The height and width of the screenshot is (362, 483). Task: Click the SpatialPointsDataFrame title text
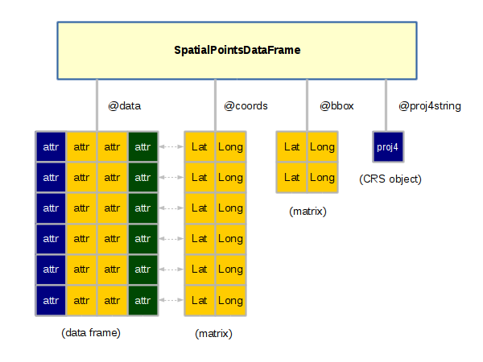click(237, 50)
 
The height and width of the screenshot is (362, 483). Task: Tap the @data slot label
click(125, 106)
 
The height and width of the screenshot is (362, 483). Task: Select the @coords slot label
click(246, 106)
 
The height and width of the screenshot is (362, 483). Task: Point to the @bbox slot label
click(336, 106)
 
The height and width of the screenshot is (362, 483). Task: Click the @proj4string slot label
click(430, 106)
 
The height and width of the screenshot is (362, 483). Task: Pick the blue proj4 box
click(388, 147)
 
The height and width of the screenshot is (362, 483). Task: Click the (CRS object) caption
click(390, 179)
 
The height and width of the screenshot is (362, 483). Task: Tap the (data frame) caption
click(91, 333)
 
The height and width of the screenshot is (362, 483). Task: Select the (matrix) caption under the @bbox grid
click(308, 212)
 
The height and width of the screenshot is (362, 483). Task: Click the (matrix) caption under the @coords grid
click(213, 333)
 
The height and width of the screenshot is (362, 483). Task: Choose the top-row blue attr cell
click(51, 147)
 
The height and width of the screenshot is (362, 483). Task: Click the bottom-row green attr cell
click(142, 300)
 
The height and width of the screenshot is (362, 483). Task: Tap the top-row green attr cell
click(142, 147)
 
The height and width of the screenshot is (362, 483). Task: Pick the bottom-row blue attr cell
click(51, 300)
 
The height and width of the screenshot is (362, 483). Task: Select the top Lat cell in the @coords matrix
click(200, 147)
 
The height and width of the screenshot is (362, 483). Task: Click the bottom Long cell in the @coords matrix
click(231, 300)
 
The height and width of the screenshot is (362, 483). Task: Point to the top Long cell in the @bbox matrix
click(323, 147)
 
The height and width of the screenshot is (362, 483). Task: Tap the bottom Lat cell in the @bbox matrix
click(291, 177)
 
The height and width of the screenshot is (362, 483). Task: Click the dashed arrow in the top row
click(171, 147)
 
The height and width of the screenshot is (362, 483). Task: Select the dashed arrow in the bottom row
click(171, 300)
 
